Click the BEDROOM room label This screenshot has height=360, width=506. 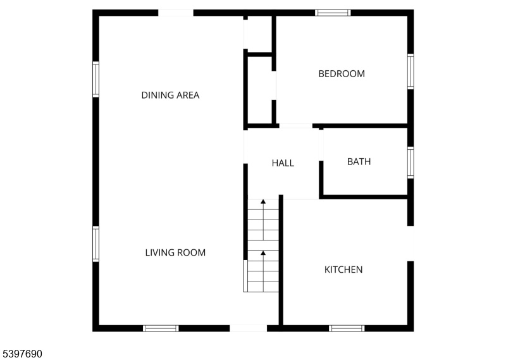pos(342,74)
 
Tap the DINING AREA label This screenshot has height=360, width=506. pos(170,96)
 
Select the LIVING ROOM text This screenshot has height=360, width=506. pos(175,252)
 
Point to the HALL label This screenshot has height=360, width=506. pos(283,163)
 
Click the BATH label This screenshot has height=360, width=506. pos(359,161)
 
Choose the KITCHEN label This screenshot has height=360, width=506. pos(343,270)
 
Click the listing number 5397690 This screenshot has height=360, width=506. pos(22,354)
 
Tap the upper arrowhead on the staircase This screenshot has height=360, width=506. pos(263,201)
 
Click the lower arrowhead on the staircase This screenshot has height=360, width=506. pos(263,253)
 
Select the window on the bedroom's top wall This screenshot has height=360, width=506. pos(333,13)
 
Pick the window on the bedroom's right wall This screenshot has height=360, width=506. pos(410,71)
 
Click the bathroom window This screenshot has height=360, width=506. pos(410,163)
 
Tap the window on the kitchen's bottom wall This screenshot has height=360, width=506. pos(347,328)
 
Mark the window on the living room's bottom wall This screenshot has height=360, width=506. pos(161,328)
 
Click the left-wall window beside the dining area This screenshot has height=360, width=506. pos(96,79)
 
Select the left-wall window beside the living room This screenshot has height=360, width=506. pos(96,244)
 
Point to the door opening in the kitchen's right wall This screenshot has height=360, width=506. pos(410,244)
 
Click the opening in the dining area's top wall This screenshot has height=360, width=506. pos(176,13)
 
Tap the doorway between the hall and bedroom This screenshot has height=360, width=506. pos(295,126)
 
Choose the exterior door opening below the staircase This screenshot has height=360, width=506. pos(249,328)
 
